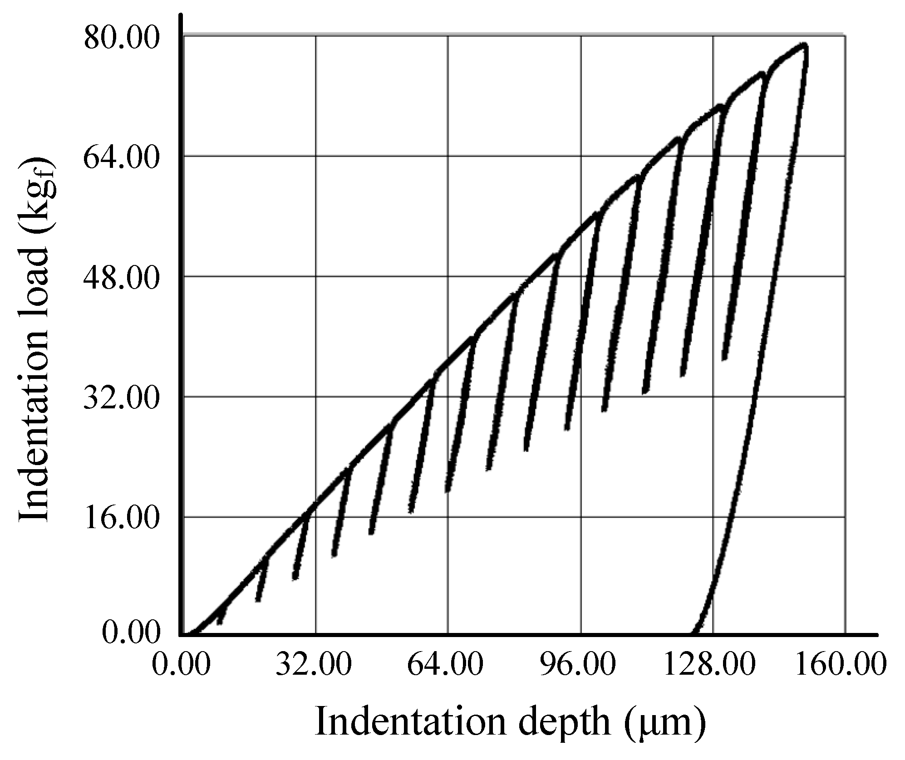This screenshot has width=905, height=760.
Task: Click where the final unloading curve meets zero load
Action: (x=693, y=633)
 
